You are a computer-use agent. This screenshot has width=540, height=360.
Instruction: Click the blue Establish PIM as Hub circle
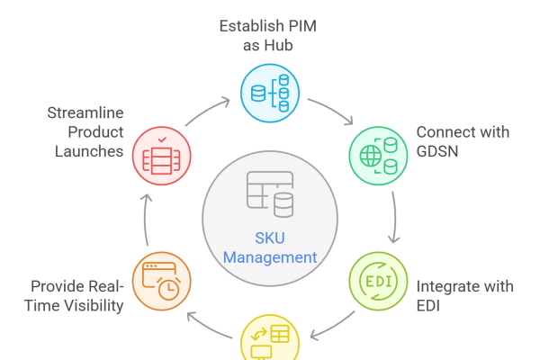coord(269,94)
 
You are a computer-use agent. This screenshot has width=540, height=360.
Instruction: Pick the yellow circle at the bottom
coord(269,342)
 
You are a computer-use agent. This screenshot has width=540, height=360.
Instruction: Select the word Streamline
coord(85,112)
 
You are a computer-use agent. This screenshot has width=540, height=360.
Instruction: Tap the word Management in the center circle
coord(270,257)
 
